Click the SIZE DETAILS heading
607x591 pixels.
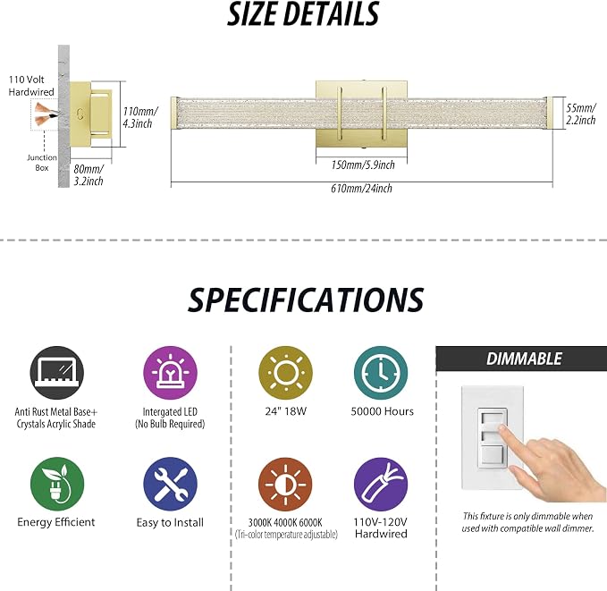pos(303,14)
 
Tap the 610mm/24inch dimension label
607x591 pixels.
pos(361,189)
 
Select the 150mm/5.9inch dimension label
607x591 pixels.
pos(363,165)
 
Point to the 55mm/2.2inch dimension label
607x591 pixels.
pos(581,114)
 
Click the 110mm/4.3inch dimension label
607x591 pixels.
pos(139,117)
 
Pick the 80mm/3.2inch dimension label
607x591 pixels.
pos(89,174)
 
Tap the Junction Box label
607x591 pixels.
pos(42,163)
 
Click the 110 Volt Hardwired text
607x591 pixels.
pos(31,86)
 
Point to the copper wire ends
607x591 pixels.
pos(46,114)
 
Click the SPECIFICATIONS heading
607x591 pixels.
pos(306,300)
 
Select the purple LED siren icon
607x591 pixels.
pos(170,373)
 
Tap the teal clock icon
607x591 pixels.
pos(381,373)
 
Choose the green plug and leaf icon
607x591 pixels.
pos(57,484)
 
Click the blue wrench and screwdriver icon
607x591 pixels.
pos(170,484)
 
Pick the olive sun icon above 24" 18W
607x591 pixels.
pos(286,373)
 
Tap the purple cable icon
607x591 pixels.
pos(381,484)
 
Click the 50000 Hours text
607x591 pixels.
pos(382,411)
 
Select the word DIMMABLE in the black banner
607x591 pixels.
pos(524,359)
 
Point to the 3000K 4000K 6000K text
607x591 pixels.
pos(285,523)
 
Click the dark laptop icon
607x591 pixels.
pos(57,373)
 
